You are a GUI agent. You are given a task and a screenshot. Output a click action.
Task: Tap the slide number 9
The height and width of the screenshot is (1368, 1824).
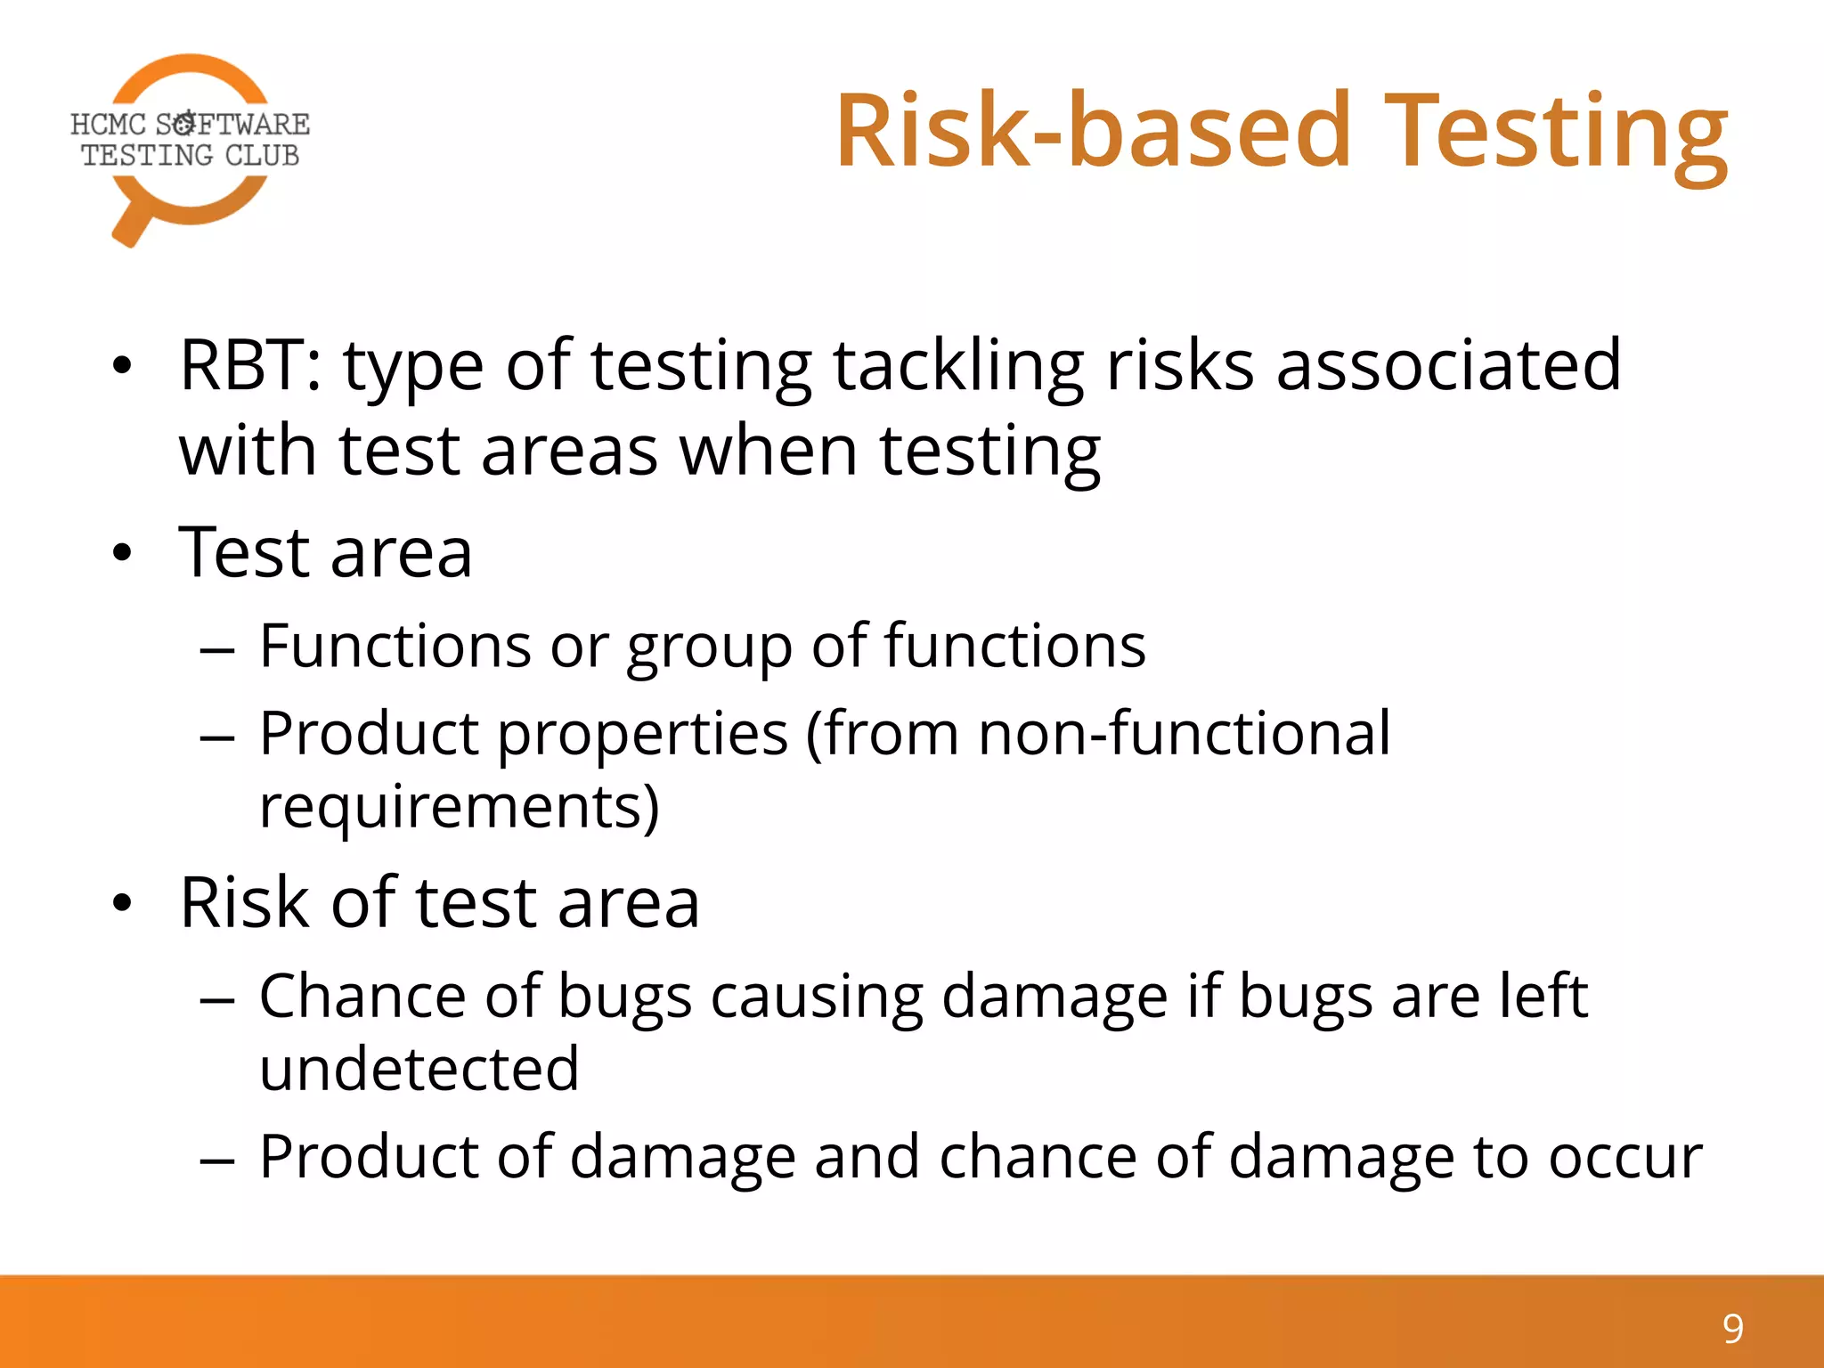point(1732,1329)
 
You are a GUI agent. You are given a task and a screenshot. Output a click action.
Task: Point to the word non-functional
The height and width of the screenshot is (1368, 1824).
point(1184,734)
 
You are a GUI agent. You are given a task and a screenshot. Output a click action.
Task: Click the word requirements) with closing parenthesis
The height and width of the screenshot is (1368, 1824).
point(460,807)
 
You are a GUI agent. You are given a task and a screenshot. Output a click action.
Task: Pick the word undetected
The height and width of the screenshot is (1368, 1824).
point(419,1069)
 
